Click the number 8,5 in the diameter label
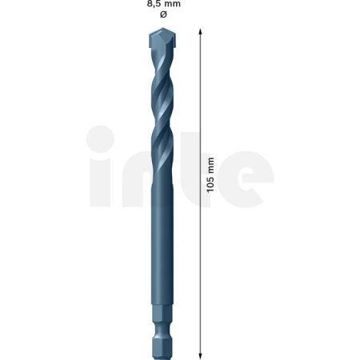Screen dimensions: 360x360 click(x=154, y=4)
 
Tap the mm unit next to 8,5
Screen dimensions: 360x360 click(x=173, y=4)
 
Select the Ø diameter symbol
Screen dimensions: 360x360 click(x=163, y=14)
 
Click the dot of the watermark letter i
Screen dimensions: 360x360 click(x=102, y=137)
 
